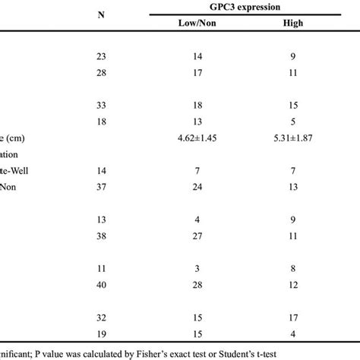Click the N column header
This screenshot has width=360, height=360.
click(101, 15)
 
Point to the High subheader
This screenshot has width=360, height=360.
click(291, 24)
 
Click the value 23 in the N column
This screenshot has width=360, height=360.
click(101, 56)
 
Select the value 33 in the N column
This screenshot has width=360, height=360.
click(101, 103)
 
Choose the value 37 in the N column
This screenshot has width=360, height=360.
click(101, 188)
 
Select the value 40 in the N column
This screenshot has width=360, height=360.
click(101, 284)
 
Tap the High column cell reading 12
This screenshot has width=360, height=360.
click(291, 284)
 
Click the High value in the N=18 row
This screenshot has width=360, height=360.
click(291, 120)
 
